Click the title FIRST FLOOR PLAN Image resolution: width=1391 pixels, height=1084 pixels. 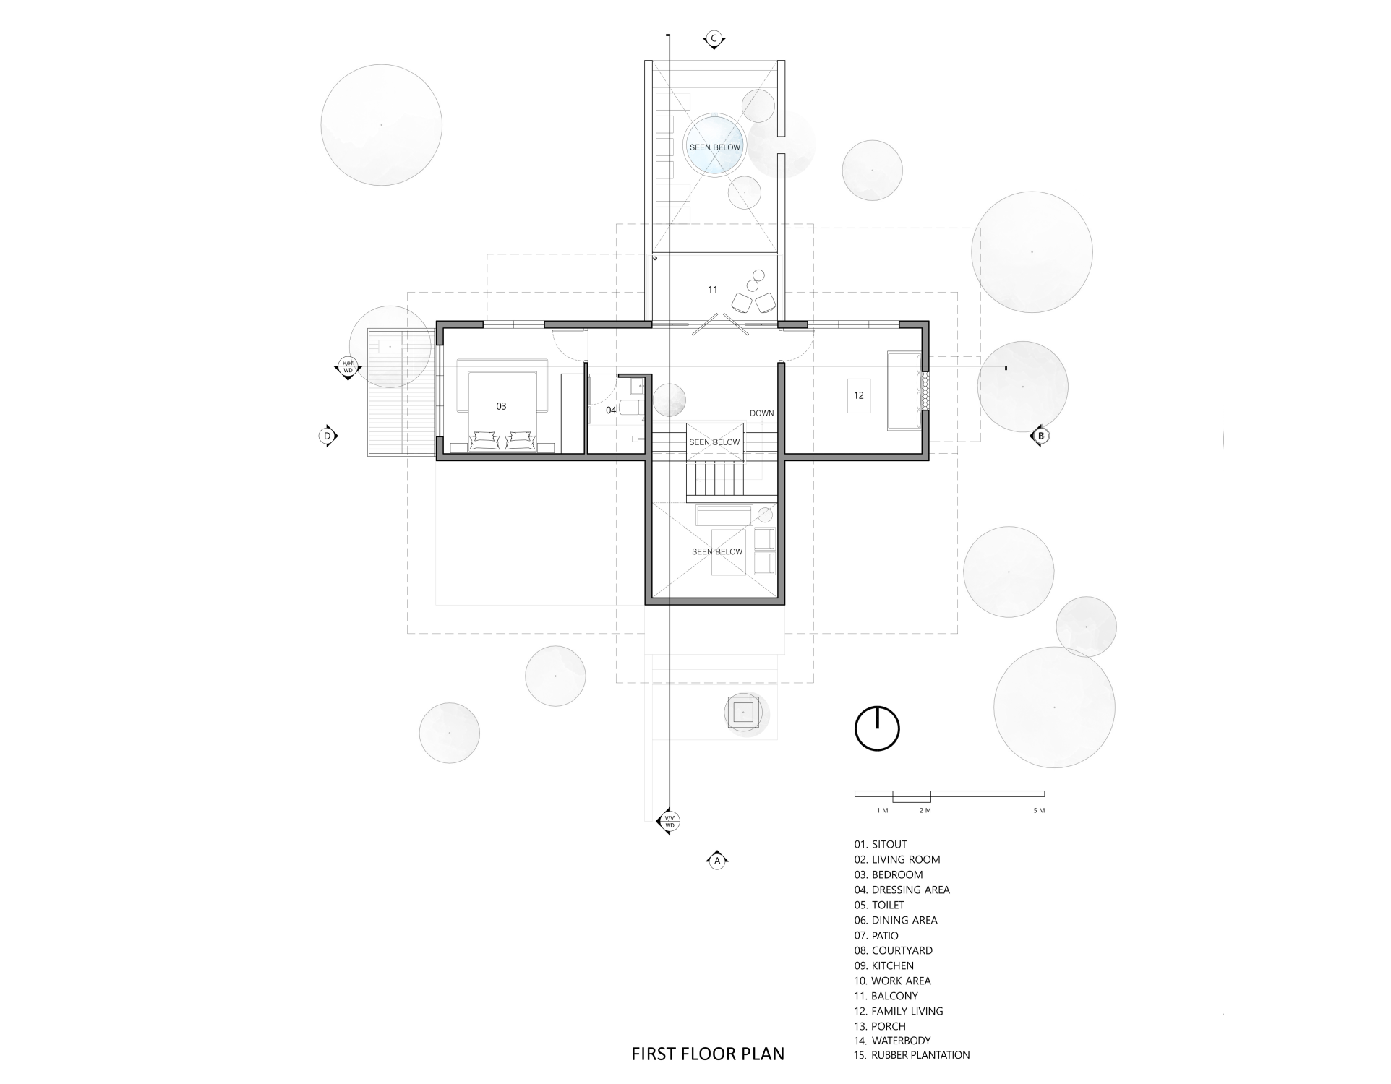[x=708, y=1054]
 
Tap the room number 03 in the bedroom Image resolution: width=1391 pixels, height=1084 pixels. [x=501, y=406]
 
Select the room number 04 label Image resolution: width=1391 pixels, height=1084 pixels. [x=611, y=410]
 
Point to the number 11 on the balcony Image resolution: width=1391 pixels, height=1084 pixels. [x=712, y=289]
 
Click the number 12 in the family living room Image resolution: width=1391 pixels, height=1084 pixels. [x=859, y=395]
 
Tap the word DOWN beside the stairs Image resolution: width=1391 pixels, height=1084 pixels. [x=762, y=413]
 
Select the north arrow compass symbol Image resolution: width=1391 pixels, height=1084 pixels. [x=877, y=728]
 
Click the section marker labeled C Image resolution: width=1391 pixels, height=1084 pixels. [x=714, y=39]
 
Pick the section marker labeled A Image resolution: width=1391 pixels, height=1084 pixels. [x=716, y=860]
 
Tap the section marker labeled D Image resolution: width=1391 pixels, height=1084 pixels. [x=328, y=436]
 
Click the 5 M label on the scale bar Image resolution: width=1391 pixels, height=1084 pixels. [x=1039, y=810]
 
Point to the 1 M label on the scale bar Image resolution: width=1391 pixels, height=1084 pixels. [x=882, y=810]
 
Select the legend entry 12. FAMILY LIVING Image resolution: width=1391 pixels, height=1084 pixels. [x=899, y=1011]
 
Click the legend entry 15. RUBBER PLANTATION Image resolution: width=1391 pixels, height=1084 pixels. [x=912, y=1055]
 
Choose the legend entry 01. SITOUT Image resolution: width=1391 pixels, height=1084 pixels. [x=881, y=844]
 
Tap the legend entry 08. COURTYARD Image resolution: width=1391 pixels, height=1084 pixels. [x=894, y=950]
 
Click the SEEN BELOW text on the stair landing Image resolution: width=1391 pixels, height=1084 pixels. [x=714, y=442]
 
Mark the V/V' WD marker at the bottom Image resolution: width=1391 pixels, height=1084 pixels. [x=669, y=822]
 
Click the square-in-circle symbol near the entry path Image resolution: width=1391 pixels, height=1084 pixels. [x=743, y=713]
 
